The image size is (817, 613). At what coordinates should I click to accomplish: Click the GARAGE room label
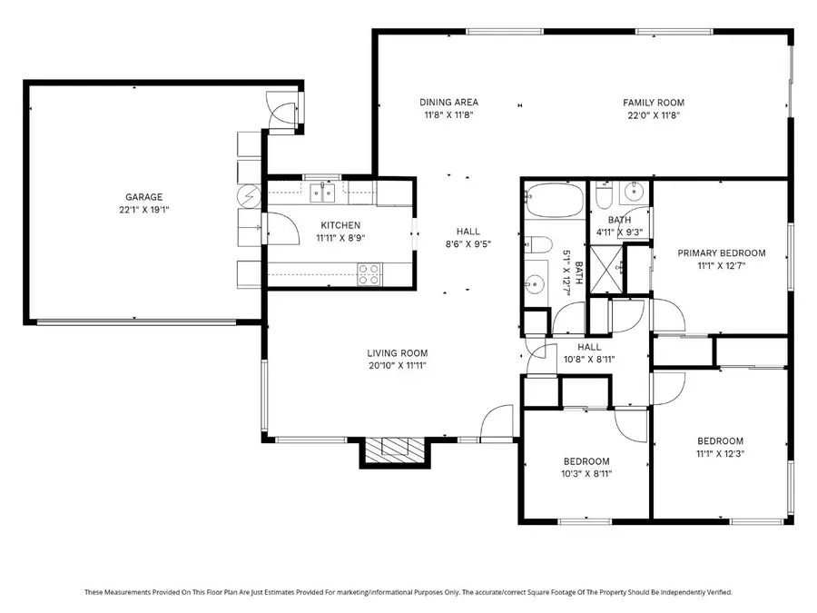143,197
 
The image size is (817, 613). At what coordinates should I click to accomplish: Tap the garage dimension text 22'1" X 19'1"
143,210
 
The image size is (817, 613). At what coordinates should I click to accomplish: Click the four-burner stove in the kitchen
369,273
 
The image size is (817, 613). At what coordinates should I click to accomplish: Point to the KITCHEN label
340,225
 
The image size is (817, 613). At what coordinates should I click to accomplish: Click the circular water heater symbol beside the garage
250,195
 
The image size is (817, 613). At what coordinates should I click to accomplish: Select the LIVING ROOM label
397,353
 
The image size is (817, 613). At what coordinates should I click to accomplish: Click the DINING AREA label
448,103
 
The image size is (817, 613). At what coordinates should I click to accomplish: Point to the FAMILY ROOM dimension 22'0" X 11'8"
653,115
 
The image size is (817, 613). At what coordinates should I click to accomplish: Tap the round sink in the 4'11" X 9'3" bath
632,194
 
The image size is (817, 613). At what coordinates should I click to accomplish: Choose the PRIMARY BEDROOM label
722,253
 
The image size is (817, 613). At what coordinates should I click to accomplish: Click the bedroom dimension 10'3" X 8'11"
586,474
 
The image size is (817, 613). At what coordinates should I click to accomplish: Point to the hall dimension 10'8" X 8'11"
589,359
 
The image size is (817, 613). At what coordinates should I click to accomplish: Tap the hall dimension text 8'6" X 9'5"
468,244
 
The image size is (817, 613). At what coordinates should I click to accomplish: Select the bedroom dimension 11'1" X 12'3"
721,453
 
